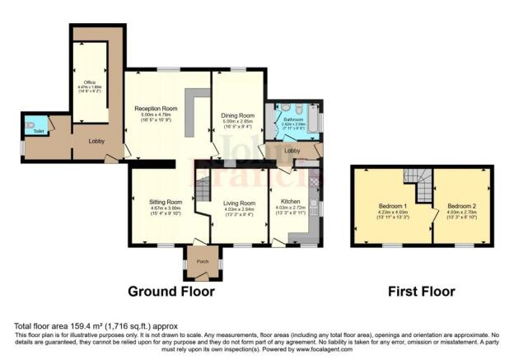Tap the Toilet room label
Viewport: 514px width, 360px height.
(x=39, y=130)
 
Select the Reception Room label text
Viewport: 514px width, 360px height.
(x=157, y=107)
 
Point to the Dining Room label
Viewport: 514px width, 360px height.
(x=237, y=115)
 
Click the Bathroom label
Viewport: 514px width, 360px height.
(x=293, y=119)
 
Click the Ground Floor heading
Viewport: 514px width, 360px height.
(x=171, y=291)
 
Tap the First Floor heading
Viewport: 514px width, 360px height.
(x=421, y=291)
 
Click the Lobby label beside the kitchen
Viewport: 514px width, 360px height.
(x=292, y=151)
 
